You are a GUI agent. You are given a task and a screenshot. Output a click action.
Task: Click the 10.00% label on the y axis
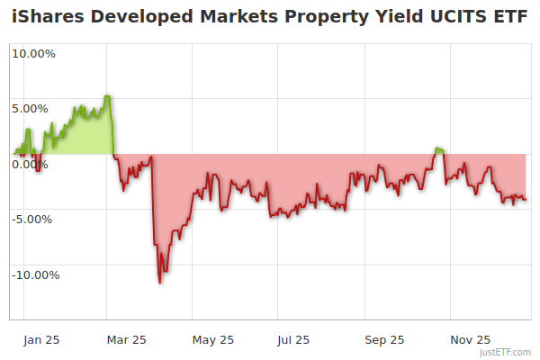point(33,53)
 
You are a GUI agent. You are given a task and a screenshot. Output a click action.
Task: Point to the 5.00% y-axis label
point(31,109)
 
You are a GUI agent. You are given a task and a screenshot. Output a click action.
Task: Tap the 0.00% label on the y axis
point(31,164)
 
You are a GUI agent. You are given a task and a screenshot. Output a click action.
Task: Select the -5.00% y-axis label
point(32,219)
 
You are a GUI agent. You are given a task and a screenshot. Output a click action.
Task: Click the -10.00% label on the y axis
point(35,274)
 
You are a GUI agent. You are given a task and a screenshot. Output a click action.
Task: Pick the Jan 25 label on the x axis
point(41,339)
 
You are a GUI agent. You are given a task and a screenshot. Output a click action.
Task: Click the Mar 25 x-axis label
point(127,339)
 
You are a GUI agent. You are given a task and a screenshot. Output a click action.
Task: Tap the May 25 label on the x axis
point(213,339)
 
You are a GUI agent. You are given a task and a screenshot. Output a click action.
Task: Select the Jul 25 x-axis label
point(293,339)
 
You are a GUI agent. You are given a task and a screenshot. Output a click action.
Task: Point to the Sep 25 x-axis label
point(384,339)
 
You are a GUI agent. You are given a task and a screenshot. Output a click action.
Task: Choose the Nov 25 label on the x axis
point(470,339)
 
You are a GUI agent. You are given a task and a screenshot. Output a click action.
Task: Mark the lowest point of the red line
point(160,283)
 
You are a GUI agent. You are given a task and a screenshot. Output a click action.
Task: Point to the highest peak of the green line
point(107,96)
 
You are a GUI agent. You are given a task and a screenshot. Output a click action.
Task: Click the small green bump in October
point(438,149)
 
